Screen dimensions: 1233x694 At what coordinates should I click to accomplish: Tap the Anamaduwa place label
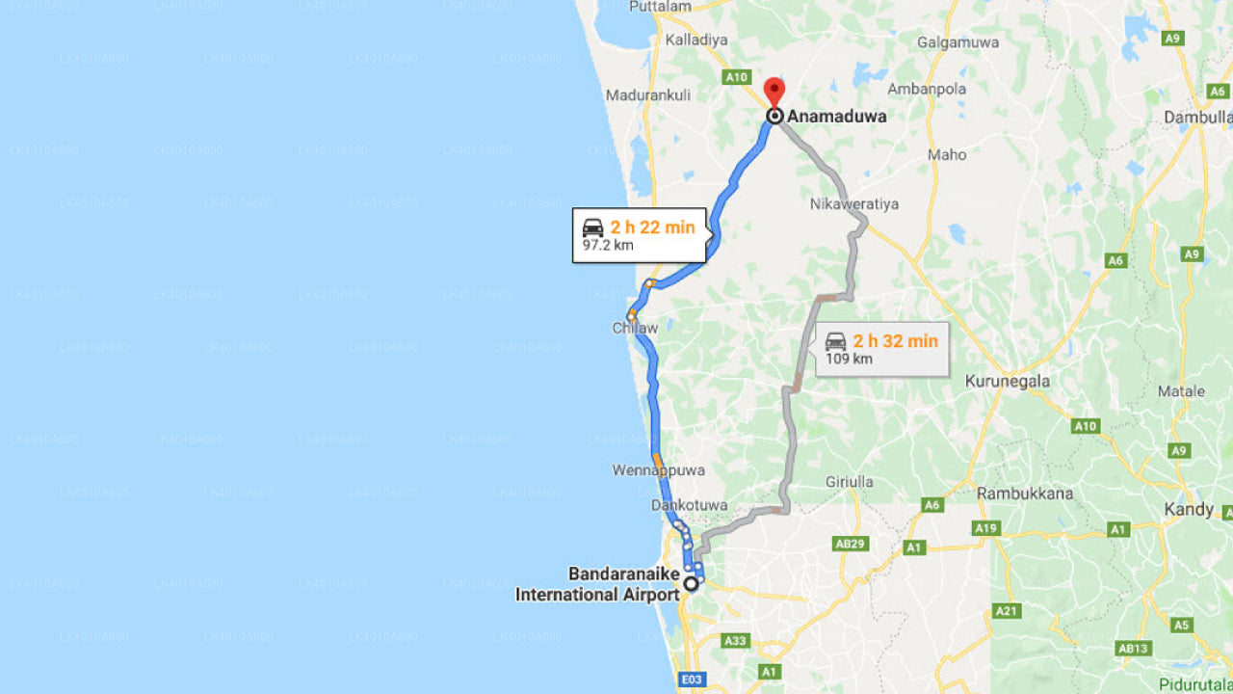pyautogui.click(x=837, y=117)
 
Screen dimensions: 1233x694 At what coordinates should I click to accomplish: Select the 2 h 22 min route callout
pyautogui.click(x=640, y=235)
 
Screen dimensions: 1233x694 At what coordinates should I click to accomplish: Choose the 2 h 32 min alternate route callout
pyautogui.click(x=882, y=349)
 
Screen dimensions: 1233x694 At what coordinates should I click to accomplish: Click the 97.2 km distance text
pyautogui.click(x=608, y=246)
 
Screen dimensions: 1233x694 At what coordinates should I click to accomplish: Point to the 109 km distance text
pyautogui.click(x=849, y=360)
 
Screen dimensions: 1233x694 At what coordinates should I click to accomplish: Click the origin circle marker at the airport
pyautogui.click(x=691, y=583)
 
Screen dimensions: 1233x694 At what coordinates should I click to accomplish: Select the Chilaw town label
pyautogui.click(x=635, y=329)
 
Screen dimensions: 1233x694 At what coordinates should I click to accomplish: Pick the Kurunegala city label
pyautogui.click(x=1008, y=381)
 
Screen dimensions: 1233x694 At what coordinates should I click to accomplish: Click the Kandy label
pyautogui.click(x=1189, y=509)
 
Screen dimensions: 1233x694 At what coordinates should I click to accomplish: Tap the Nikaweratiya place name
pyautogui.click(x=854, y=204)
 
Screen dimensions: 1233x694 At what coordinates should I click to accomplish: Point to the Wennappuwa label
pyautogui.click(x=659, y=470)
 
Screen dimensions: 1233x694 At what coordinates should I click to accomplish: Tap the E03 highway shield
pyautogui.click(x=692, y=681)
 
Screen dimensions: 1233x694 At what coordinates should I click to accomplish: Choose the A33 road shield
pyautogui.click(x=735, y=640)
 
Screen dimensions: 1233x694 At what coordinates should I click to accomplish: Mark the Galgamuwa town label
pyautogui.click(x=958, y=42)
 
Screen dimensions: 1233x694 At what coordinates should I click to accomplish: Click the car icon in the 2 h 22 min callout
pyautogui.click(x=593, y=227)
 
